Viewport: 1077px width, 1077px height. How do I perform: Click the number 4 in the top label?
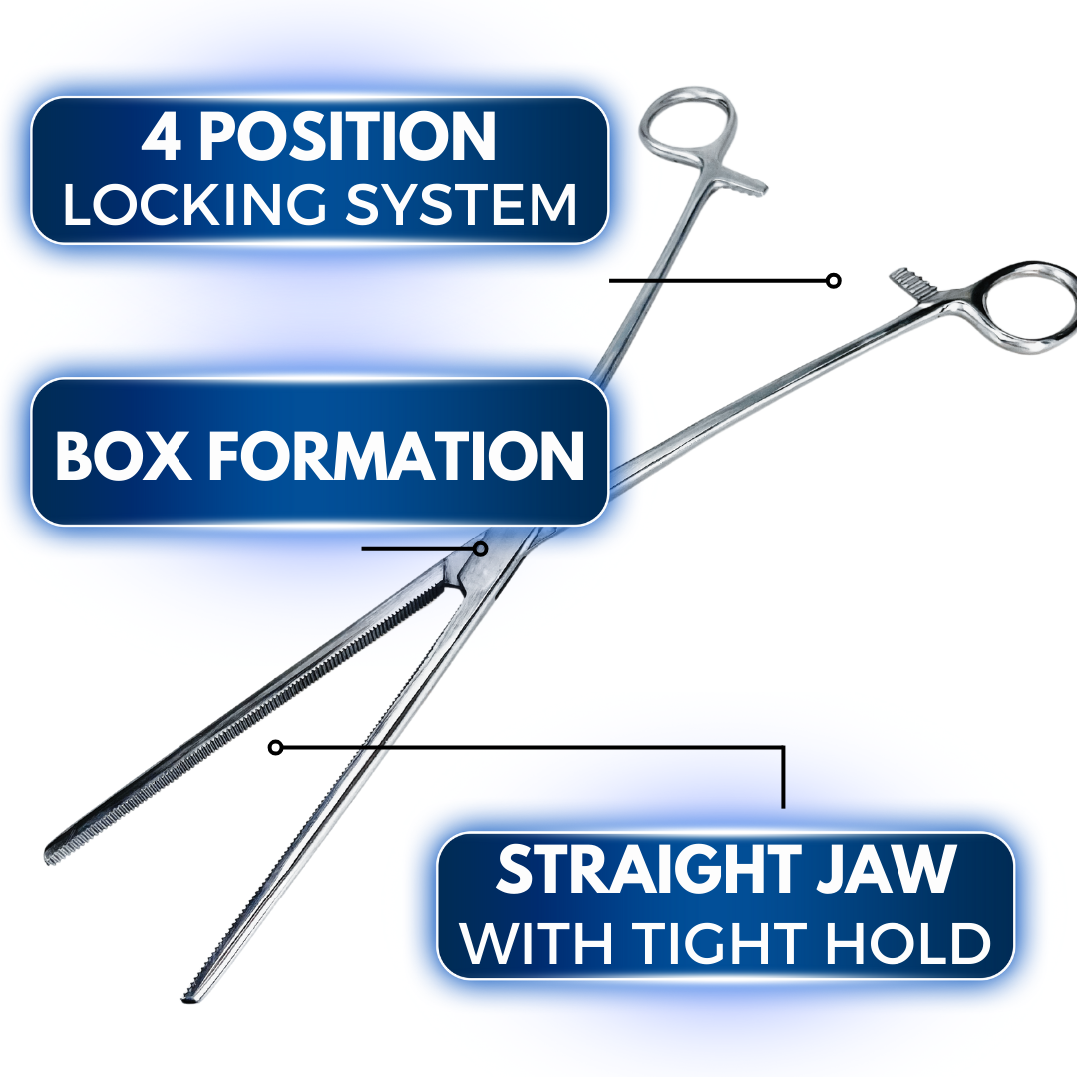point(163,138)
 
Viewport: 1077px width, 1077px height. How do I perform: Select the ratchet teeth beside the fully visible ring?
point(746,183)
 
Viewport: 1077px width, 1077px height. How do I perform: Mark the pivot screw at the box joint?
point(481,548)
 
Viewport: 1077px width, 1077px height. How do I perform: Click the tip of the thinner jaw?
point(187,997)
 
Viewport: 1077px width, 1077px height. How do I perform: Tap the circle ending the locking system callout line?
point(833,281)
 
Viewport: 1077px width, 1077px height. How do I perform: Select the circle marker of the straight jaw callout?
point(276,747)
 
